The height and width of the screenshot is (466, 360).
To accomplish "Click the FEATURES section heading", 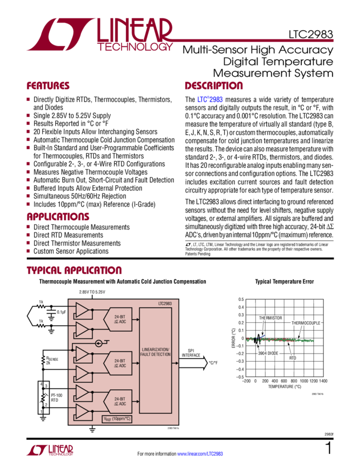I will click(48, 87).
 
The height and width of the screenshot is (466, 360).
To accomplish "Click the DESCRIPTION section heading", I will click(213, 87).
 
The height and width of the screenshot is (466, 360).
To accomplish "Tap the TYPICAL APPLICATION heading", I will click(74, 271).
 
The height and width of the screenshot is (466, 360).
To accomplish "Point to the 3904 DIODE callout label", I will click(268, 354).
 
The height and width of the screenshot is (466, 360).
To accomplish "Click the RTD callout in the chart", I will click(293, 357).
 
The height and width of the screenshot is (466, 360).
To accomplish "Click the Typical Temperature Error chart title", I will click(284, 282).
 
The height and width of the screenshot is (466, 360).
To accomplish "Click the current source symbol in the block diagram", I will click(99, 343).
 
